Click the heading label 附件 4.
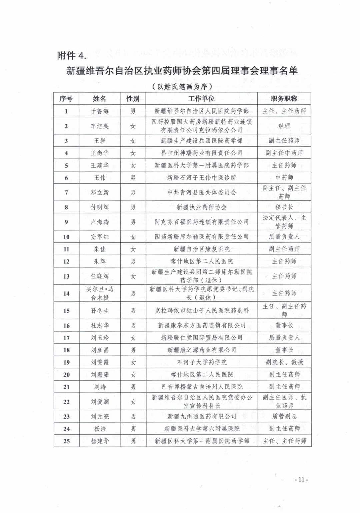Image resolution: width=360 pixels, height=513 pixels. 72,55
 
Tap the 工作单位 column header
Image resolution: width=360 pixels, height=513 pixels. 201,99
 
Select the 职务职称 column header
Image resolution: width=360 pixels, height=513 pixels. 284,99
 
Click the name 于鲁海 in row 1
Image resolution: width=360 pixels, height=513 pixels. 100,111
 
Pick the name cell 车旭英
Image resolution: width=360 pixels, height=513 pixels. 100,126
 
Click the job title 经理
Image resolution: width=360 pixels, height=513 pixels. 284,126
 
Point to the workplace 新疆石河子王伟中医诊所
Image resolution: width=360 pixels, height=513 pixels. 201,178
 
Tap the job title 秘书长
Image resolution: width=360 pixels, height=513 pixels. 284,207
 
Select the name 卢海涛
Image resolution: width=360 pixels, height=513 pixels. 100,222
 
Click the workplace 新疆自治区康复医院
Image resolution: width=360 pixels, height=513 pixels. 201,249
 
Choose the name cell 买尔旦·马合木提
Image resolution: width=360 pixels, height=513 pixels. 100,293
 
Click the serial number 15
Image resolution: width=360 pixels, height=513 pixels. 66,311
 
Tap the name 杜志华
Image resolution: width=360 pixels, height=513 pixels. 100,325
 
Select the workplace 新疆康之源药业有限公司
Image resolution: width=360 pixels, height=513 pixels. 201,350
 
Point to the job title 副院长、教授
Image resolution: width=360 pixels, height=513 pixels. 284,362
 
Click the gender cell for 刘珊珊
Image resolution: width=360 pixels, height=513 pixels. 133,375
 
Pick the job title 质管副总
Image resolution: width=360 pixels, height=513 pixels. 284,416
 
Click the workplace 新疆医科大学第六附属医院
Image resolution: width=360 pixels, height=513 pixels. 202,429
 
